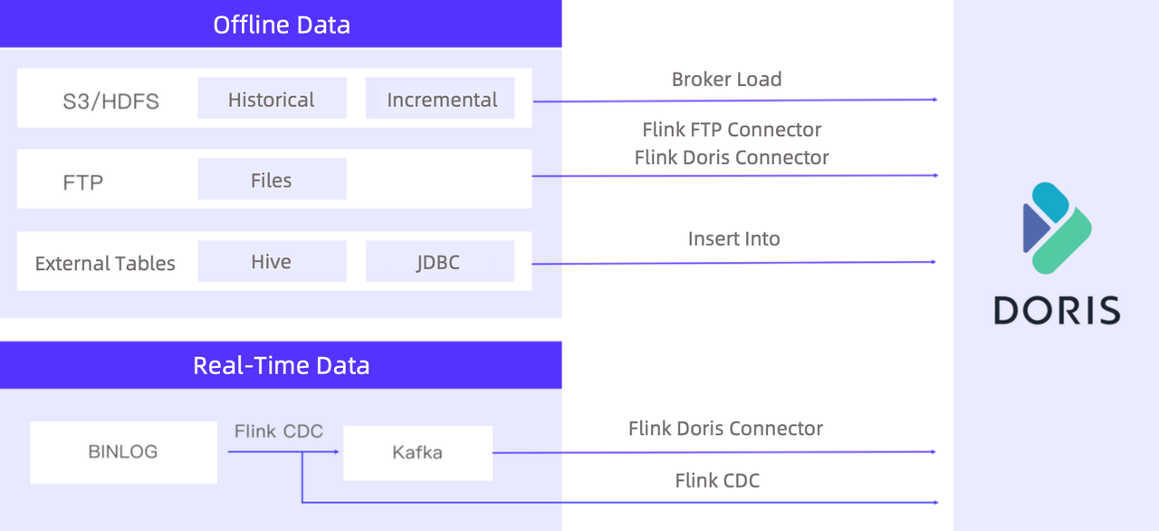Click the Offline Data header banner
click(281, 24)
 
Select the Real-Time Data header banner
click(281, 365)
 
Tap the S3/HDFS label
click(110, 101)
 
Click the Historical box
click(272, 99)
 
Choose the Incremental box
click(441, 99)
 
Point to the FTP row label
click(83, 182)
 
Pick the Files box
click(272, 179)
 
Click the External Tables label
click(105, 264)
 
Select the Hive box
click(272, 262)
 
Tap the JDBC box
click(439, 262)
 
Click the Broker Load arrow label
click(726, 79)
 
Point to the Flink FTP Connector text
click(732, 130)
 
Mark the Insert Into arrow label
click(733, 238)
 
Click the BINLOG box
click(123, 451)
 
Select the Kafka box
click(417, 452)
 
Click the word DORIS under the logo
click(1057, 310)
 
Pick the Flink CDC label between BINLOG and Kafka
click(278, 431)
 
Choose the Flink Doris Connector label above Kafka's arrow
click(725, 428)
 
